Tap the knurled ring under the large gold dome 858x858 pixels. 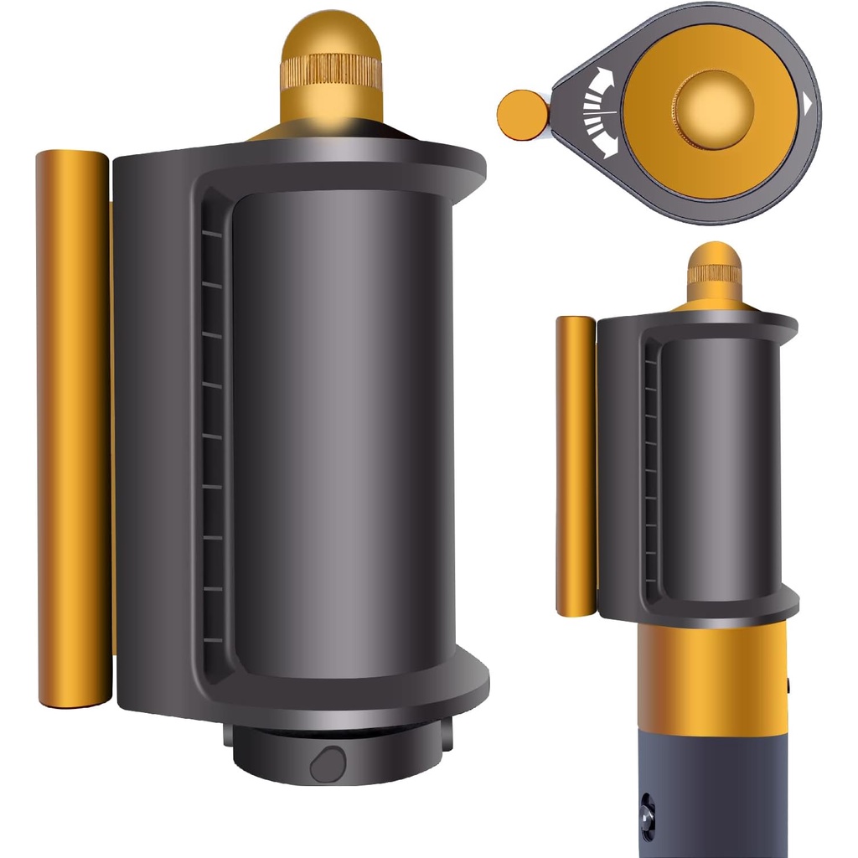330,72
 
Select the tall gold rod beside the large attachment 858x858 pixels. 73,427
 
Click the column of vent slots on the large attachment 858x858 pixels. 213,436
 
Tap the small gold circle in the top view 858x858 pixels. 522,114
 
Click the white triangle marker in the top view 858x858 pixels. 807,105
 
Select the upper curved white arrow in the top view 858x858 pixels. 602,85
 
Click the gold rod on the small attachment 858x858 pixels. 576,465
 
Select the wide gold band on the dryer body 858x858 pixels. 712,679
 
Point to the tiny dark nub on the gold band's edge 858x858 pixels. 789,686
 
